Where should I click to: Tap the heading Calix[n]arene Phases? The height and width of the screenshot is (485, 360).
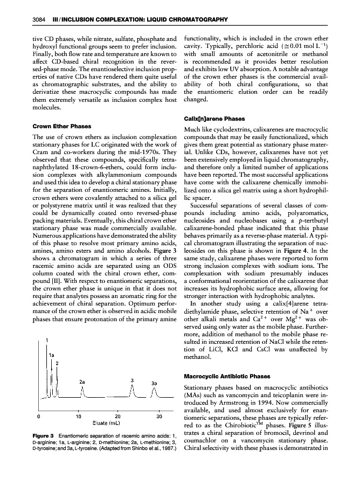[x=214, y=119]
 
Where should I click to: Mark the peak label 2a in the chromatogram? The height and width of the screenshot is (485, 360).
[x=82, y=382]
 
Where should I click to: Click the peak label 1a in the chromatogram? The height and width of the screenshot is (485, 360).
[x=51, y=355]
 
